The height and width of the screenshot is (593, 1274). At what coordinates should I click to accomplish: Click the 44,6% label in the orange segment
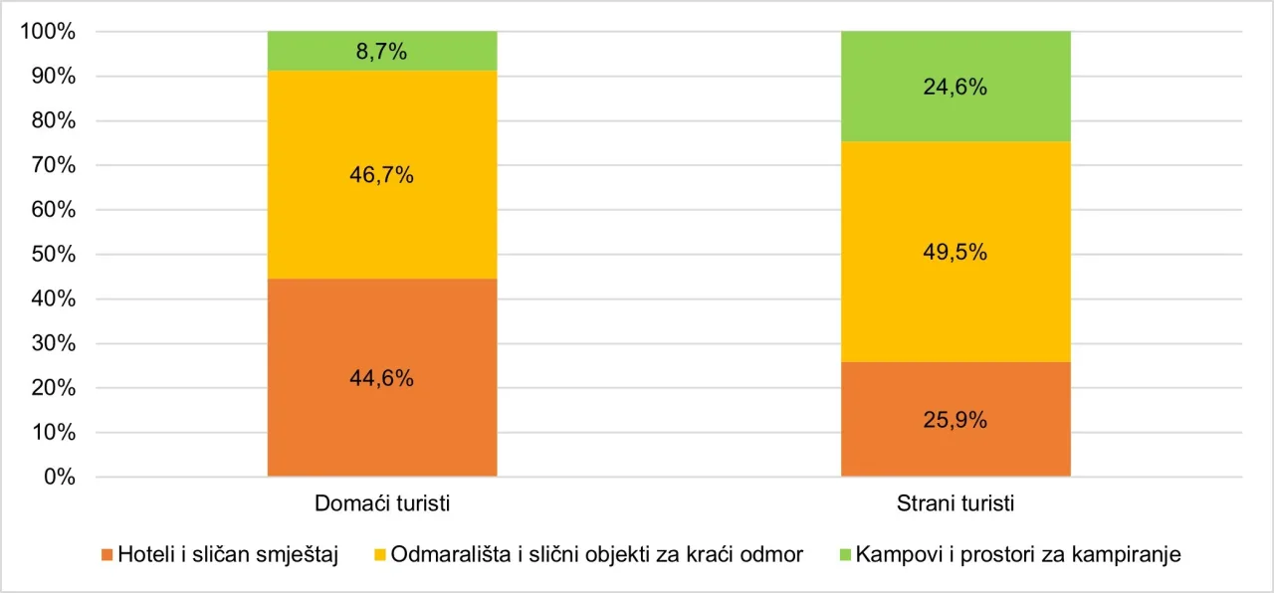tap(382, 378)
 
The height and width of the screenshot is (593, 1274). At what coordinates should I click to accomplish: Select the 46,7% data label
tap(382, 175)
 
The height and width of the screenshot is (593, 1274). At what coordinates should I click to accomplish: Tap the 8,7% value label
tap(382, 53)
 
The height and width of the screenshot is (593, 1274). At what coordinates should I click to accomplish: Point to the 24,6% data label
tap(955, 88)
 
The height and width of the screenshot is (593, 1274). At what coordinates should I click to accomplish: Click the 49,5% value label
tap(955, 253)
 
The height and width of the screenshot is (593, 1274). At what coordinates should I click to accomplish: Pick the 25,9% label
tap(955, 420)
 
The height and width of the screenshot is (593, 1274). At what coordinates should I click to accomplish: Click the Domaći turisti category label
tap(382, 503)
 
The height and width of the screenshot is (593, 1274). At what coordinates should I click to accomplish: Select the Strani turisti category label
tap(955, 503)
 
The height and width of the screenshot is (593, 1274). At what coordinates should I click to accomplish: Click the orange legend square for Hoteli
tap(107, 555)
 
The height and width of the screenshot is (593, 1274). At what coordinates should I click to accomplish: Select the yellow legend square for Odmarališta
tap(382, 555)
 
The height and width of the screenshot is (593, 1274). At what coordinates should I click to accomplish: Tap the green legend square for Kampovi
tap(844, 555)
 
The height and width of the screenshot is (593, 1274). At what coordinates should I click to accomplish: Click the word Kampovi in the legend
tap(894, 555)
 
